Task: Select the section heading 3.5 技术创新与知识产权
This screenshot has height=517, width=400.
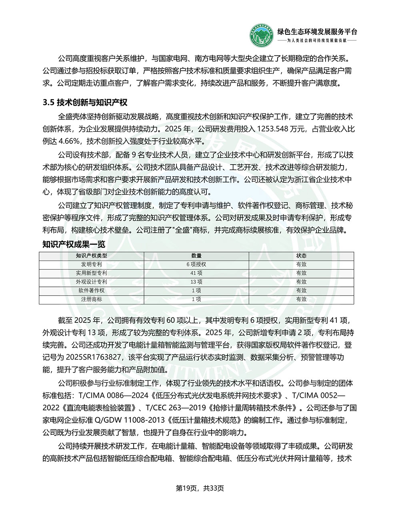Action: [x=85, y=102]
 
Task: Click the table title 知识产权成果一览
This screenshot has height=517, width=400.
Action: [x=74, y=244]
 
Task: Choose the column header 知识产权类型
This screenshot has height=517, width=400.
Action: [x=92, y=256]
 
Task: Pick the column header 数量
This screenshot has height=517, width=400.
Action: [x=196, y=256]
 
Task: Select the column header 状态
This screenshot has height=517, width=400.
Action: [x=301, y=256]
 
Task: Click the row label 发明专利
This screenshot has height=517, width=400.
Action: [x=92, y=264]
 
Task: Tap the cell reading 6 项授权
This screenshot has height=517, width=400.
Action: [x=196, y=264]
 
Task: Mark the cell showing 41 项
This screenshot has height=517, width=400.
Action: [x=196, y=273]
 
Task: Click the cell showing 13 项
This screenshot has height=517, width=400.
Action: [x=196, y=282]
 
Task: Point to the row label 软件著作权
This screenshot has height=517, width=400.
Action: [x=92, y=291]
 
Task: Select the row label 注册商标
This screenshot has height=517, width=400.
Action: [x=92, y=299]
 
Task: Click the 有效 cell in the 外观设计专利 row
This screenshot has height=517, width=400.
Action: [x=301, y=282]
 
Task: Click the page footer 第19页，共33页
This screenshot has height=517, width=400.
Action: [x=200, y=488]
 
